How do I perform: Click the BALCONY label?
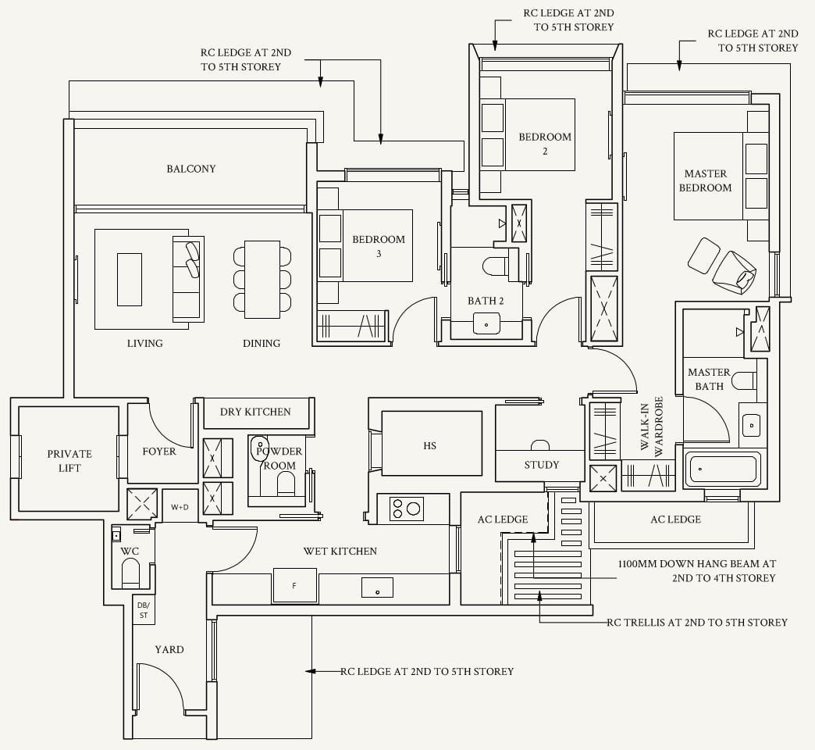click(190, 169)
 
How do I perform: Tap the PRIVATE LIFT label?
click(69, 461)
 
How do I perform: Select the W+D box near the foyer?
click(180, 506)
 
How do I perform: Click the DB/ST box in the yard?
click(144, 610)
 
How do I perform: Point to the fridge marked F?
click(295, 586)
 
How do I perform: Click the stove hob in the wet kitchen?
click(407, 508)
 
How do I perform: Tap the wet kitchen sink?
click(377, 587)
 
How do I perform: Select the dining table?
click(262, 280)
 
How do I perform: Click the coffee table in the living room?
click(130, 280)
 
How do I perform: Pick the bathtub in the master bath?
click(722, 470)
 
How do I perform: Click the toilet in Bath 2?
click(498, 266)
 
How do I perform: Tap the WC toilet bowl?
click(130, 572)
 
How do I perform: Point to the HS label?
click(430, 446)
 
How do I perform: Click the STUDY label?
click(542, 465)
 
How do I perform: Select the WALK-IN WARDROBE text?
click(652, 427)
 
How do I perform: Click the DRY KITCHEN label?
click(255, 412)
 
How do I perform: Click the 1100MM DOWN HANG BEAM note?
click(696, 570)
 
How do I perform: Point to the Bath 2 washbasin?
click(486, 323)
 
